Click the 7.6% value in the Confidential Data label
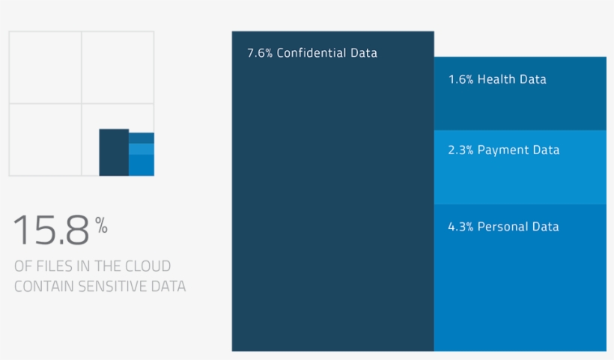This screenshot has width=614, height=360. (x=259, y=53)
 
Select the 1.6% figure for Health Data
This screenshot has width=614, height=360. (x=460, y=79)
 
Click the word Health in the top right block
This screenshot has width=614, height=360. (x=495, y=79)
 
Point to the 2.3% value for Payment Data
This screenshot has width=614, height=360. (x=460, y=150)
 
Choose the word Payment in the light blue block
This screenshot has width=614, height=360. (x=503, y=150)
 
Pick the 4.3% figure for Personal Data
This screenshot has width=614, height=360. (x=460, y=227)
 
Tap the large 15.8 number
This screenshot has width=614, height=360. (x=51, y=231)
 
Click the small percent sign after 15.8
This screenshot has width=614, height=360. (x=101, y=225)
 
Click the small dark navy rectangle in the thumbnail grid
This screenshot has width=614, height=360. (x=114, y=153)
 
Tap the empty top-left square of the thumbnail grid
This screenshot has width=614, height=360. (x=45, y=67)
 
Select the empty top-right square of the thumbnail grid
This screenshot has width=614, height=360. (x=118, y=67)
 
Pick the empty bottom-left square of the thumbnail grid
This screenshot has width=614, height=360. (x=45, y=140)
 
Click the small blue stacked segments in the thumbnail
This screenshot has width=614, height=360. (x=142, y=155)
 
